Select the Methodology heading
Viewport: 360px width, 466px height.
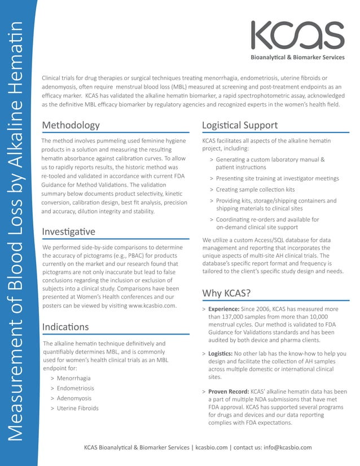71,125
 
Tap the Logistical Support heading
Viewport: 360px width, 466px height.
239,125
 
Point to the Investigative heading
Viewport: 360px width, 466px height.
68,232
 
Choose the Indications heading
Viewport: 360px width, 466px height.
65,327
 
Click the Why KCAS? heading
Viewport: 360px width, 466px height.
226,293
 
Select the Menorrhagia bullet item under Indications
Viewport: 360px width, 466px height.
73,378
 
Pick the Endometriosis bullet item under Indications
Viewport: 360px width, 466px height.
76,388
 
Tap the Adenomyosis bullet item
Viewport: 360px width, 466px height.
74,398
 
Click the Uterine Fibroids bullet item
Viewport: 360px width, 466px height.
77,408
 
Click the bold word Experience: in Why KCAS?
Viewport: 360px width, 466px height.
224,310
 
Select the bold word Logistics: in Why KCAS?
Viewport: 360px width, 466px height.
221,354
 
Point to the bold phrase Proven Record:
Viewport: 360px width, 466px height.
229,392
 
